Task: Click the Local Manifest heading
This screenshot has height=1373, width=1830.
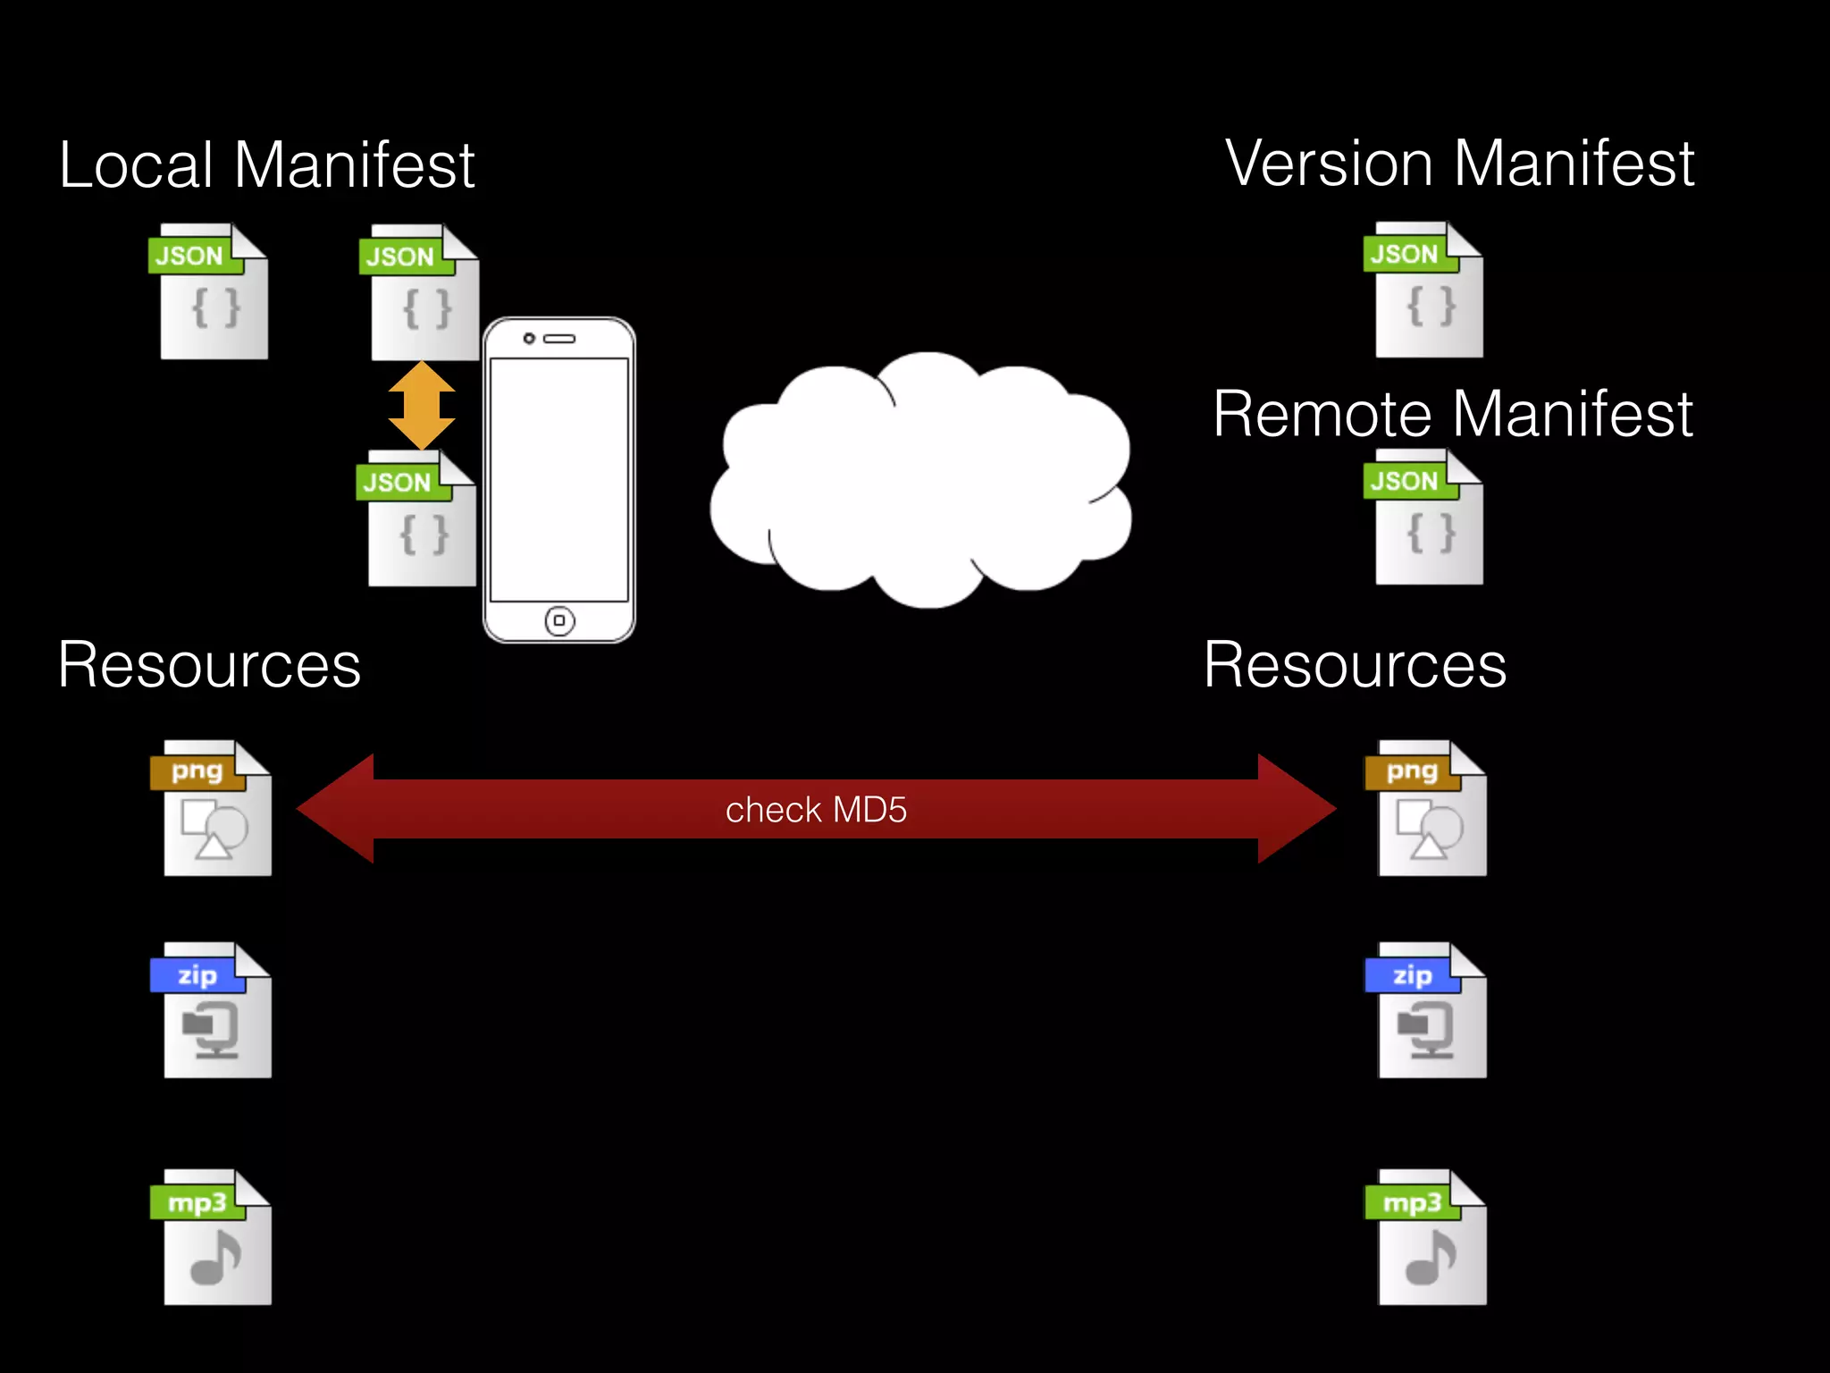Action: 266,165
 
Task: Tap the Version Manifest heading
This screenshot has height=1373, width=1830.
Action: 1459,164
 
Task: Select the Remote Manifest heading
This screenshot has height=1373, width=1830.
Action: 1452,414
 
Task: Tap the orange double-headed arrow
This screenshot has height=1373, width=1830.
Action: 422,405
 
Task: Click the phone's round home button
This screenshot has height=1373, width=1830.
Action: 559,620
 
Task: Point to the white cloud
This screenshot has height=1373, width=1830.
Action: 920,483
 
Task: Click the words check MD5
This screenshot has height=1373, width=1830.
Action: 816,810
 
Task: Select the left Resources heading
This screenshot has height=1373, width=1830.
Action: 209,665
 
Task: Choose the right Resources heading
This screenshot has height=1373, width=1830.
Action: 1355,665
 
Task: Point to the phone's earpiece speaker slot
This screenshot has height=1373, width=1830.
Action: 560,339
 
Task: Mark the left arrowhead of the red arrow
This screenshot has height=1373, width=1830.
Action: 335,809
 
